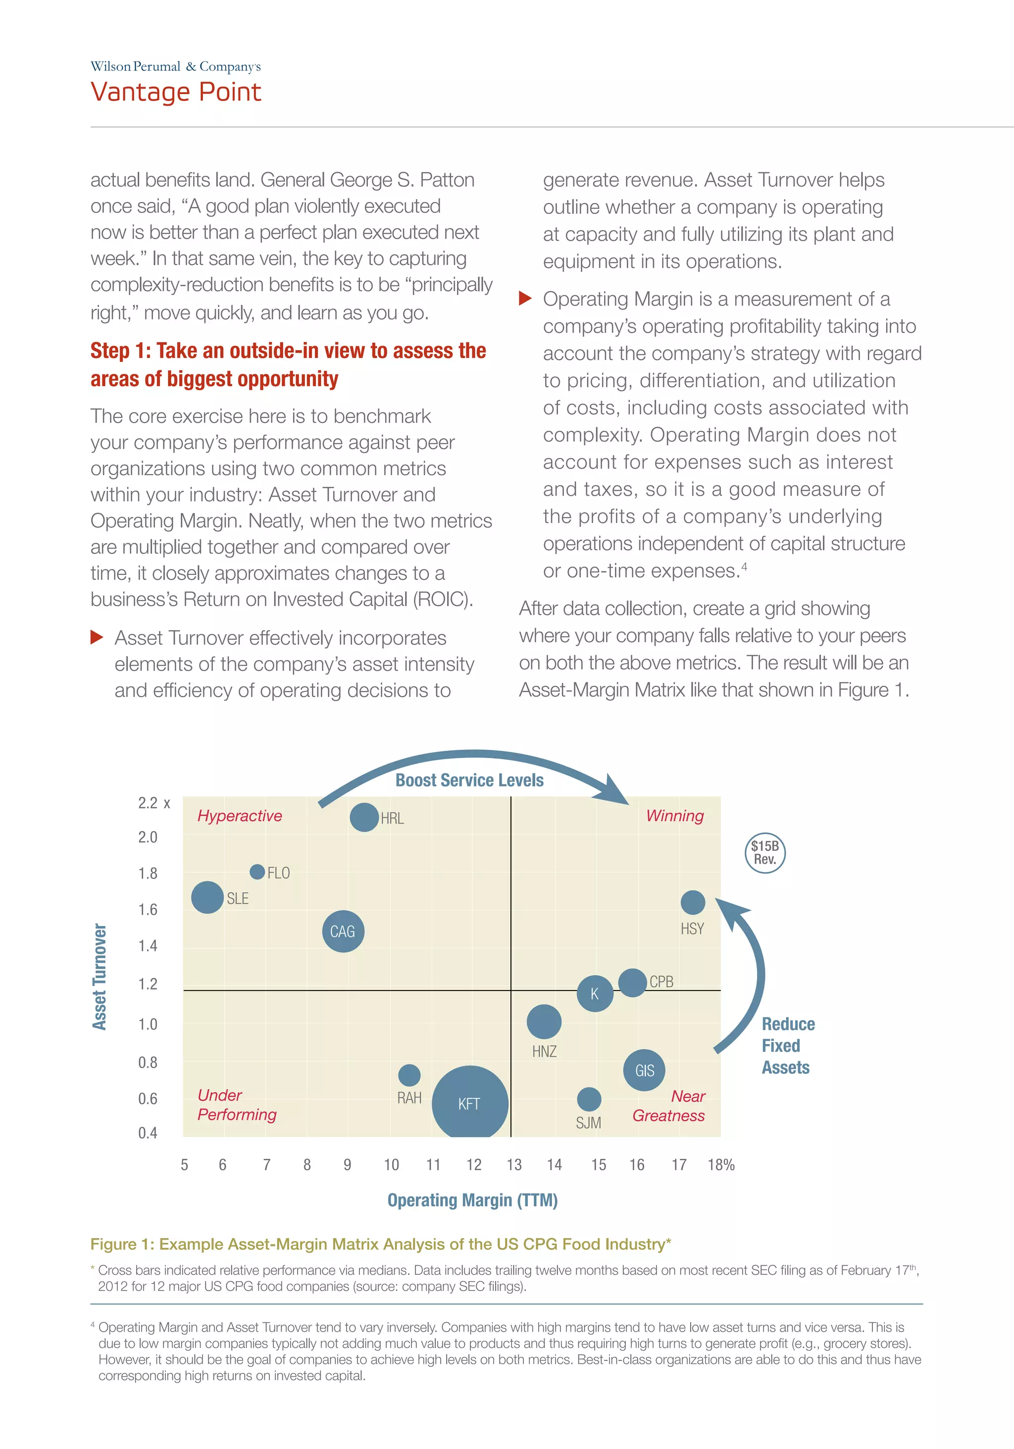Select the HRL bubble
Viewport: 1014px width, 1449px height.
[364, 817]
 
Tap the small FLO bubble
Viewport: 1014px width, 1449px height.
[257, 872]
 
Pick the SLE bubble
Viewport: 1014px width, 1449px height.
[207, 897]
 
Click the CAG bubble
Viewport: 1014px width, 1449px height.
[343, 931]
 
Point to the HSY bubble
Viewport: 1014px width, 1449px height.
[692, 902]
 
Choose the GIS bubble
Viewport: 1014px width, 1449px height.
[644, 1070]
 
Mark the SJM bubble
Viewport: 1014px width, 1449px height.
[589, 1099]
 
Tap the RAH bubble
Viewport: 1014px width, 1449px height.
[409, 1075]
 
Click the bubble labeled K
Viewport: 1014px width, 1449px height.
[595, 993]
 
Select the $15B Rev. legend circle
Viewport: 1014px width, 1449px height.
[765, 853]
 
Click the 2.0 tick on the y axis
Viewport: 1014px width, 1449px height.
[148, 837]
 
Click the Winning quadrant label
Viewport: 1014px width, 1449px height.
[674, 816]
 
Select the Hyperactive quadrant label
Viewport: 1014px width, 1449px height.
[239, 816]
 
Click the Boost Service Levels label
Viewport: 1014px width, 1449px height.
[469, 780]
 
